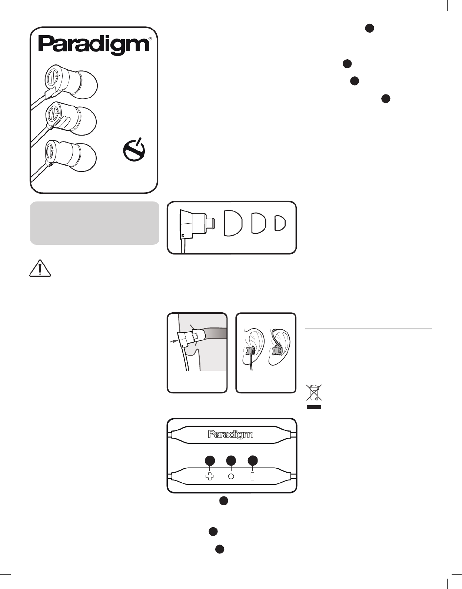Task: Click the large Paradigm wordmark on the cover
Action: (x=94, y=46)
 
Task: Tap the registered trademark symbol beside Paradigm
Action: (x=150, y=39)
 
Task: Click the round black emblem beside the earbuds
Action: (x=134, y=150)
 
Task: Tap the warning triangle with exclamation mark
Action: (x=40, y=268)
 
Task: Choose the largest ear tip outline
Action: (x=233, y=222)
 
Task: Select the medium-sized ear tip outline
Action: (x=259, y=223)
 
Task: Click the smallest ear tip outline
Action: (x=280, y=223)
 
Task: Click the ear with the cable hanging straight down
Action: (x=253, y=348)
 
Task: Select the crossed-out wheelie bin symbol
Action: (x=314, y=392)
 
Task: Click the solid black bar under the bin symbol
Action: (x=314, y=407)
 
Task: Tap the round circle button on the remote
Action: (x=231, y=476)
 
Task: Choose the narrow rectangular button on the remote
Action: (x=253, y=476)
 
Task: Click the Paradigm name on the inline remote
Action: (x=230, y=435)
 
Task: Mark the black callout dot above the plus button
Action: (x=210, y=460)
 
